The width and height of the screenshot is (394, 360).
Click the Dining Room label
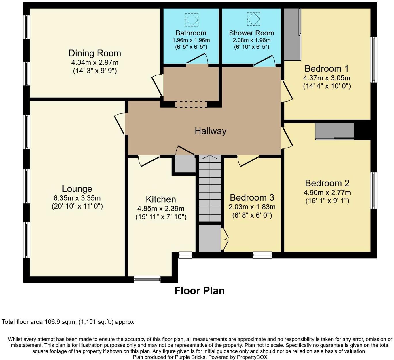94,53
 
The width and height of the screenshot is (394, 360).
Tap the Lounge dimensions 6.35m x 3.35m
77,198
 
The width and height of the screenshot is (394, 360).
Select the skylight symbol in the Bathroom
191,19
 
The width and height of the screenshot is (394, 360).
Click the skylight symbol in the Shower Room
253,19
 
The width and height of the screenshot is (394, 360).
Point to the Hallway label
211,131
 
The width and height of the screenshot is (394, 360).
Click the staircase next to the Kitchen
210,188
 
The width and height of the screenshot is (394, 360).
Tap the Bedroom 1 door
287,91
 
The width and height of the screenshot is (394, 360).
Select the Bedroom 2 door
287,138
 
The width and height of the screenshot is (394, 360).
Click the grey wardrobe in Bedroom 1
292,35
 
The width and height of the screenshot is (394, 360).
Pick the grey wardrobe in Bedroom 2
334,131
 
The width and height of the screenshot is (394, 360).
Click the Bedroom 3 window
262,255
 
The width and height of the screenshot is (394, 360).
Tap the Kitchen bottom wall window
147,279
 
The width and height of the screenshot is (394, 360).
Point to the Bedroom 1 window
374,60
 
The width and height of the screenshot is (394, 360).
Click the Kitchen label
161,199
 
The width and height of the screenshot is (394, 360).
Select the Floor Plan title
199,291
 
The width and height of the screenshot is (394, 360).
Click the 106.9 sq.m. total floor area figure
60,322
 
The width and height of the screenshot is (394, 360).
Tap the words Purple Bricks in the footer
190,357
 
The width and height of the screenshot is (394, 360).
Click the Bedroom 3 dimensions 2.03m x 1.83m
252,207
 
